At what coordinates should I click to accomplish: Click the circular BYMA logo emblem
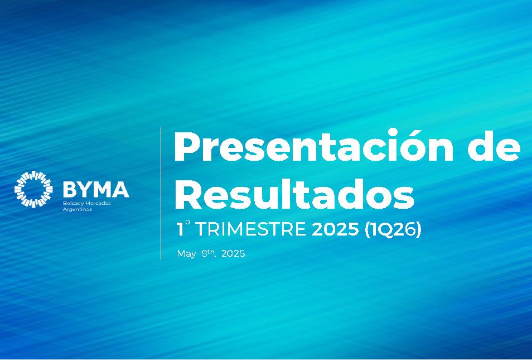[33, 189]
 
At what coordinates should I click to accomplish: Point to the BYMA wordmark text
[96, 189]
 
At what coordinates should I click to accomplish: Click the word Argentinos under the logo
[78, 209]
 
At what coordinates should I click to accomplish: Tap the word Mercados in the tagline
[98, 203]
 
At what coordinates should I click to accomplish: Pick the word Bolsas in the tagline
[71, 203]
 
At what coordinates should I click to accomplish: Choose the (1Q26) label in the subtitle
[393, 229]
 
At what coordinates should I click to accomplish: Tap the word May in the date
[186, 254]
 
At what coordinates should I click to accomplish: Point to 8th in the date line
[208, 253]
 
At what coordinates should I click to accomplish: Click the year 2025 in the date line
[233, 254]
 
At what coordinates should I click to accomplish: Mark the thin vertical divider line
[161, 193]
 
